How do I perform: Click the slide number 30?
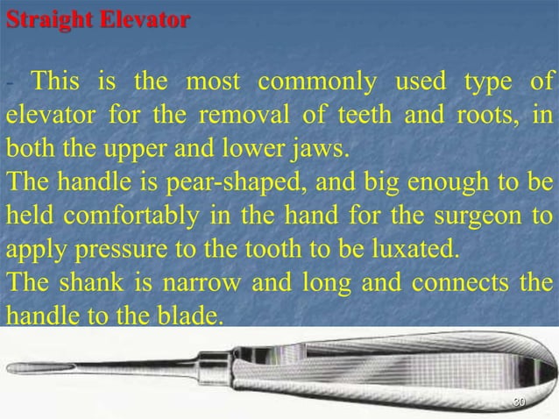tap(519, 401)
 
